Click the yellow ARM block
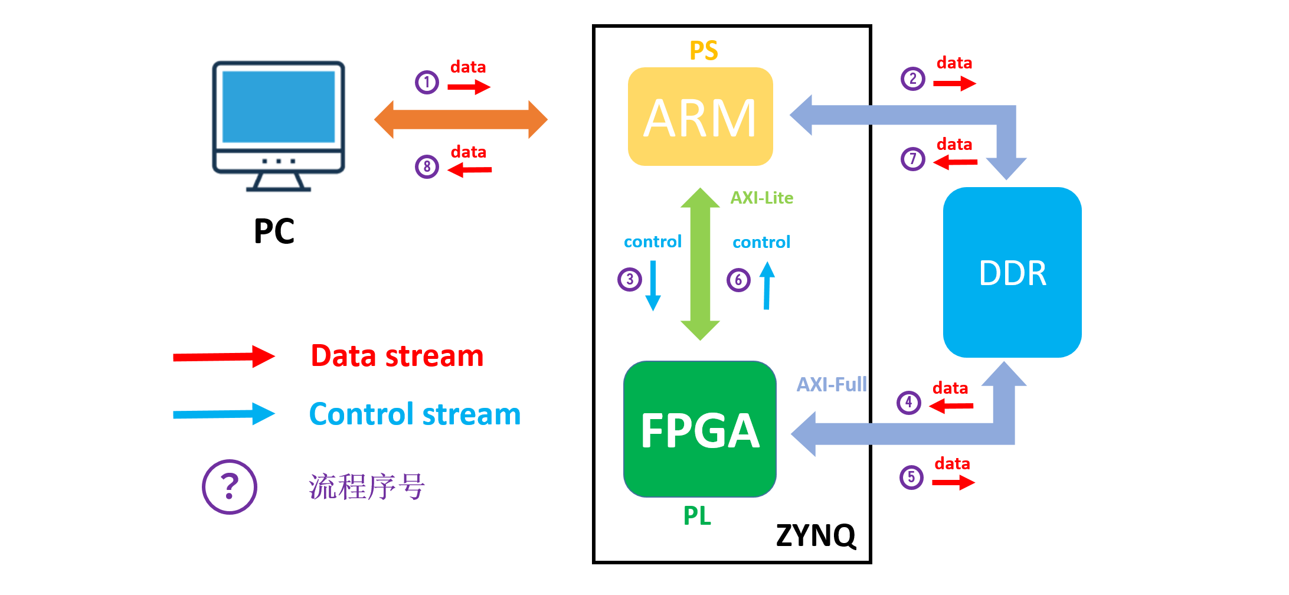pos(700,117)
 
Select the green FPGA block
pos(700,429)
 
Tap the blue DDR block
pos(1012,272)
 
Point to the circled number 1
pos(427,82)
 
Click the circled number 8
pos(427,166)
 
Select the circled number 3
pos(630,279)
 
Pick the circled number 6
pos(738,280)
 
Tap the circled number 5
pos(911,477)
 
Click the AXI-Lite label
pos(761,198)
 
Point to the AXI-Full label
pos(832,385)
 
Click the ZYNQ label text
pos(816,535)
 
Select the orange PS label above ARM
pos(704,51)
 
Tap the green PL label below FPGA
pos(697,516)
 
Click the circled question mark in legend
pos(230,487)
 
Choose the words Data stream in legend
pos(397,356)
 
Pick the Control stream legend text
pos(415,414)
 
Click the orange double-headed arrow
pos(461,119)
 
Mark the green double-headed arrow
pos(700,264)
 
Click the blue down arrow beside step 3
pos(653,286)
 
